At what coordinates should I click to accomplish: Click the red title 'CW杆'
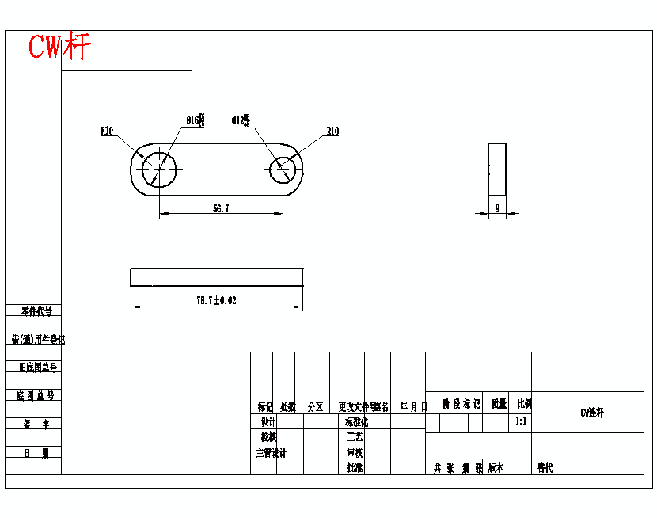60,47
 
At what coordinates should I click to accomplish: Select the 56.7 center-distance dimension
221,208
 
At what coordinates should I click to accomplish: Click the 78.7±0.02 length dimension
216,300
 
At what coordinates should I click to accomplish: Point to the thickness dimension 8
496,208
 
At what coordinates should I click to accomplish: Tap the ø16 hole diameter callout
195,120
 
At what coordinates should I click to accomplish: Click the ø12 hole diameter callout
240,120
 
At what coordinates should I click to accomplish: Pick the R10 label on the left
107,131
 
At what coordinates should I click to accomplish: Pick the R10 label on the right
332,131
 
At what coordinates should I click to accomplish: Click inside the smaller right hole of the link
283,169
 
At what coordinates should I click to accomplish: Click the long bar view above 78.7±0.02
216,276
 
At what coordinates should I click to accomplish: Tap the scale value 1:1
521,421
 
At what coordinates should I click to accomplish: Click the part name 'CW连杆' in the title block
591,413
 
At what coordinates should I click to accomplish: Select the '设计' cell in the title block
269,422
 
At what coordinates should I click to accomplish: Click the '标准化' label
356,422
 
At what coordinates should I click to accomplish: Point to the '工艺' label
355,437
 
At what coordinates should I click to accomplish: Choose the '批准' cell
355,467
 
